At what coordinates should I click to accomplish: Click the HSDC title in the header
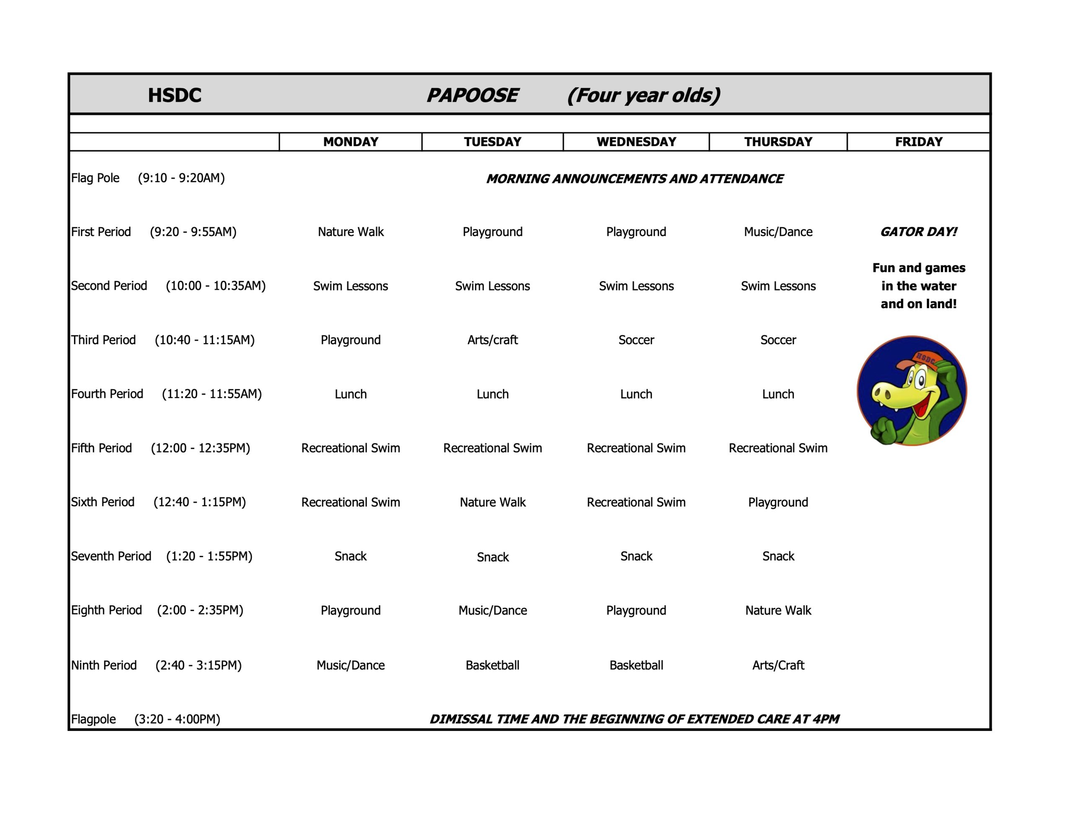[x=174, y=95]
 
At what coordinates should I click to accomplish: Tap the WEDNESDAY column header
[x=636, y=142]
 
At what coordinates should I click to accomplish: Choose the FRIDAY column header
[x=918, y=142]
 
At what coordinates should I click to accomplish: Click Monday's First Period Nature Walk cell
[x=350, y=231]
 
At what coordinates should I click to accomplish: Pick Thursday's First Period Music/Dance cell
[x=778, y=231]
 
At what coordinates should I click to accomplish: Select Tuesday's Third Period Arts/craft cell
[x=492, y=339]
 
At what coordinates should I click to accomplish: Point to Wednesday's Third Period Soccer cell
[x=636, y=339]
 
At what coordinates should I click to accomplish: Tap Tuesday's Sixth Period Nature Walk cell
[x=492, y=502]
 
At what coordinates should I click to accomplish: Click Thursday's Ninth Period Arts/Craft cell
[x=778, y=665]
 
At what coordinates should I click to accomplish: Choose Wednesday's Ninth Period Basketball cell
[x=636, y=665]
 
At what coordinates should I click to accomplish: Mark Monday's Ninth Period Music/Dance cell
[x=350, y=665]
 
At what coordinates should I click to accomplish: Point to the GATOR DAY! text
[x=918, y=231]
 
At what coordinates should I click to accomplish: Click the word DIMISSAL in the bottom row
[x=461, y=719]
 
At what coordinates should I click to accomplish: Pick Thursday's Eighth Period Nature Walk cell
[x=778, y=610]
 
